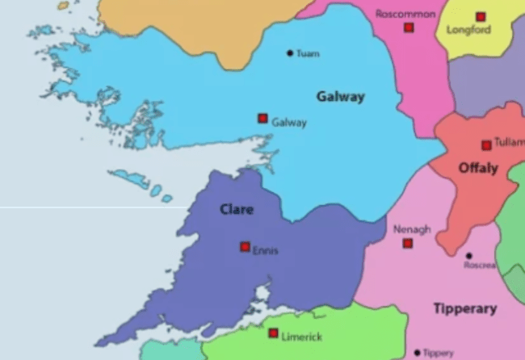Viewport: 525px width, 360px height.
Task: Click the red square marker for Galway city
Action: point(262,119)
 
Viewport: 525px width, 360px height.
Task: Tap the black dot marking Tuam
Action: point(290,53)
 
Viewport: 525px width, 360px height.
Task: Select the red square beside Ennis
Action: point(245,247)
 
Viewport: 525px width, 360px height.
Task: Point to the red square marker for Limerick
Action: point(273,333)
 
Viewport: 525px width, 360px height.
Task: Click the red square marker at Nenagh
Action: point(408,243)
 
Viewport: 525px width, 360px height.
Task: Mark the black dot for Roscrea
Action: point(468,256)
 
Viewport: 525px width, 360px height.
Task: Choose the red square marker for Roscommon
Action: point(409,27)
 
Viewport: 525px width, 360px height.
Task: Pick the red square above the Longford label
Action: point(481,16)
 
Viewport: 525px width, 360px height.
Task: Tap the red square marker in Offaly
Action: point(486,145)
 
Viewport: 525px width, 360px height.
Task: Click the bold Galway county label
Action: point(340,97)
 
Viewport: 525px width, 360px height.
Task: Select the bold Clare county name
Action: point(237,210)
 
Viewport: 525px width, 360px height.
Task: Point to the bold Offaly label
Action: point(478,168)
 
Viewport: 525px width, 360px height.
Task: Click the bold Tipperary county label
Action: point(464,308)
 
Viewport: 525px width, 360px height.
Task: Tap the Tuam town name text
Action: point(308,54)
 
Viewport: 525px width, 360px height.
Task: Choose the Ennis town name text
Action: point(266,251)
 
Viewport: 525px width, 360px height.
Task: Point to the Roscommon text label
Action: point(405,15)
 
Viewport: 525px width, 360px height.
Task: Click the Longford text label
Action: point(468,31)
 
